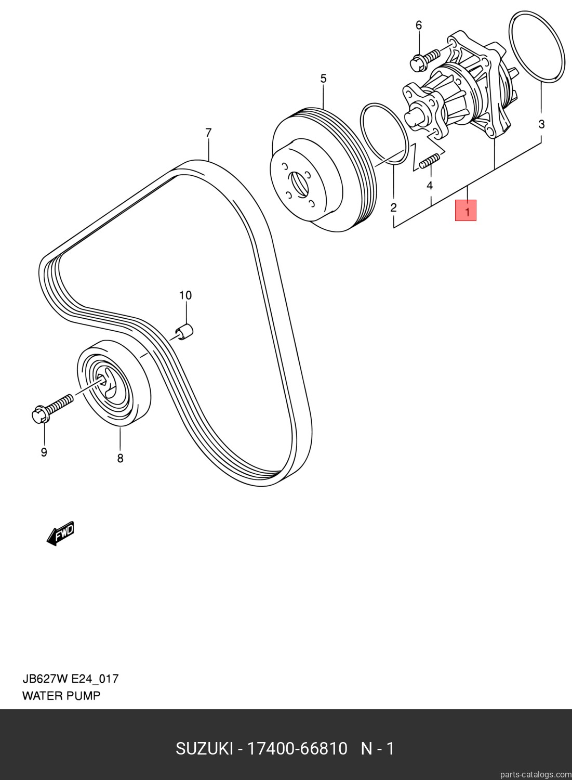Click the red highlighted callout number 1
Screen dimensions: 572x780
click(465, 210)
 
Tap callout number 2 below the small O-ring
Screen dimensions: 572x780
click(393, 207)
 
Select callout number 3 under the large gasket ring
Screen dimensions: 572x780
click(541, 124)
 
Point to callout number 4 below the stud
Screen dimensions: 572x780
click(430, 186)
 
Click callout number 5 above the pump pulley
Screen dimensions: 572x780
click(323, 79)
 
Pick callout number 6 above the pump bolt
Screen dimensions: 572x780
click(419, 25)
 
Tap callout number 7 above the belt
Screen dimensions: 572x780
click(208, 133)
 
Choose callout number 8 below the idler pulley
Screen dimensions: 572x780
click(120, 458)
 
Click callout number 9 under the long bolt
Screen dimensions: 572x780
click(44, 452)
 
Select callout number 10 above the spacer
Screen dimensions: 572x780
click(185, 295)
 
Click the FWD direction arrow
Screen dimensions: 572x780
click(61, 533)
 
